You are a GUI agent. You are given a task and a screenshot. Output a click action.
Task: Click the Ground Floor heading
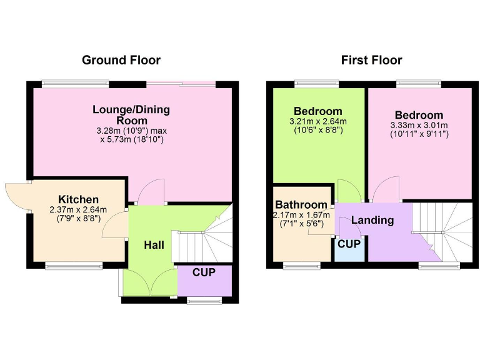[x=121, y=61]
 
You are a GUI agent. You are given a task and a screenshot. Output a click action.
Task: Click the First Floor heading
[x=371, y=61]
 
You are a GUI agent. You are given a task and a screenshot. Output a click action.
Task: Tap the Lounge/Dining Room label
[x=131, y=115]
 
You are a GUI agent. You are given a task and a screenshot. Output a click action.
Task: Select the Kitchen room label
[x=79, y=199]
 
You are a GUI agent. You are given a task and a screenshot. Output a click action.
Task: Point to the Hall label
[x=154, y=245]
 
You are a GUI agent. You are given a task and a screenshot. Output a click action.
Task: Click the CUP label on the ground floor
[x=204, y=272]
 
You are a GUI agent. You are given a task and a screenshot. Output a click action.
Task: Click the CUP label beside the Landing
[x=349, y=244]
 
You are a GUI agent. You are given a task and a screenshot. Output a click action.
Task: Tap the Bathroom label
[x=301, y=205]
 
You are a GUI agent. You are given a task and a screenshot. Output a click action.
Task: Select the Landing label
[x=372, y=220]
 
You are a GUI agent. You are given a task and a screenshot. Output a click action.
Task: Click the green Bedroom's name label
[x=318, y=111]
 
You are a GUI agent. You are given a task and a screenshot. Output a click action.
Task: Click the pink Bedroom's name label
[x=419, y=115]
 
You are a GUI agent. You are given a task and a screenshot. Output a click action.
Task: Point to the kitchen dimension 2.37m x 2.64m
[x=79, y=210]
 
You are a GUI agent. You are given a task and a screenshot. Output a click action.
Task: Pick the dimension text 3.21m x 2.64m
[x=318, y=121]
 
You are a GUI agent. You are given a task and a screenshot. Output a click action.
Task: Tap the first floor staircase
[x=447, y=231]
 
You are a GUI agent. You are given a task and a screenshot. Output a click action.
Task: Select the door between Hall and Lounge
[x=150, y=194]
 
